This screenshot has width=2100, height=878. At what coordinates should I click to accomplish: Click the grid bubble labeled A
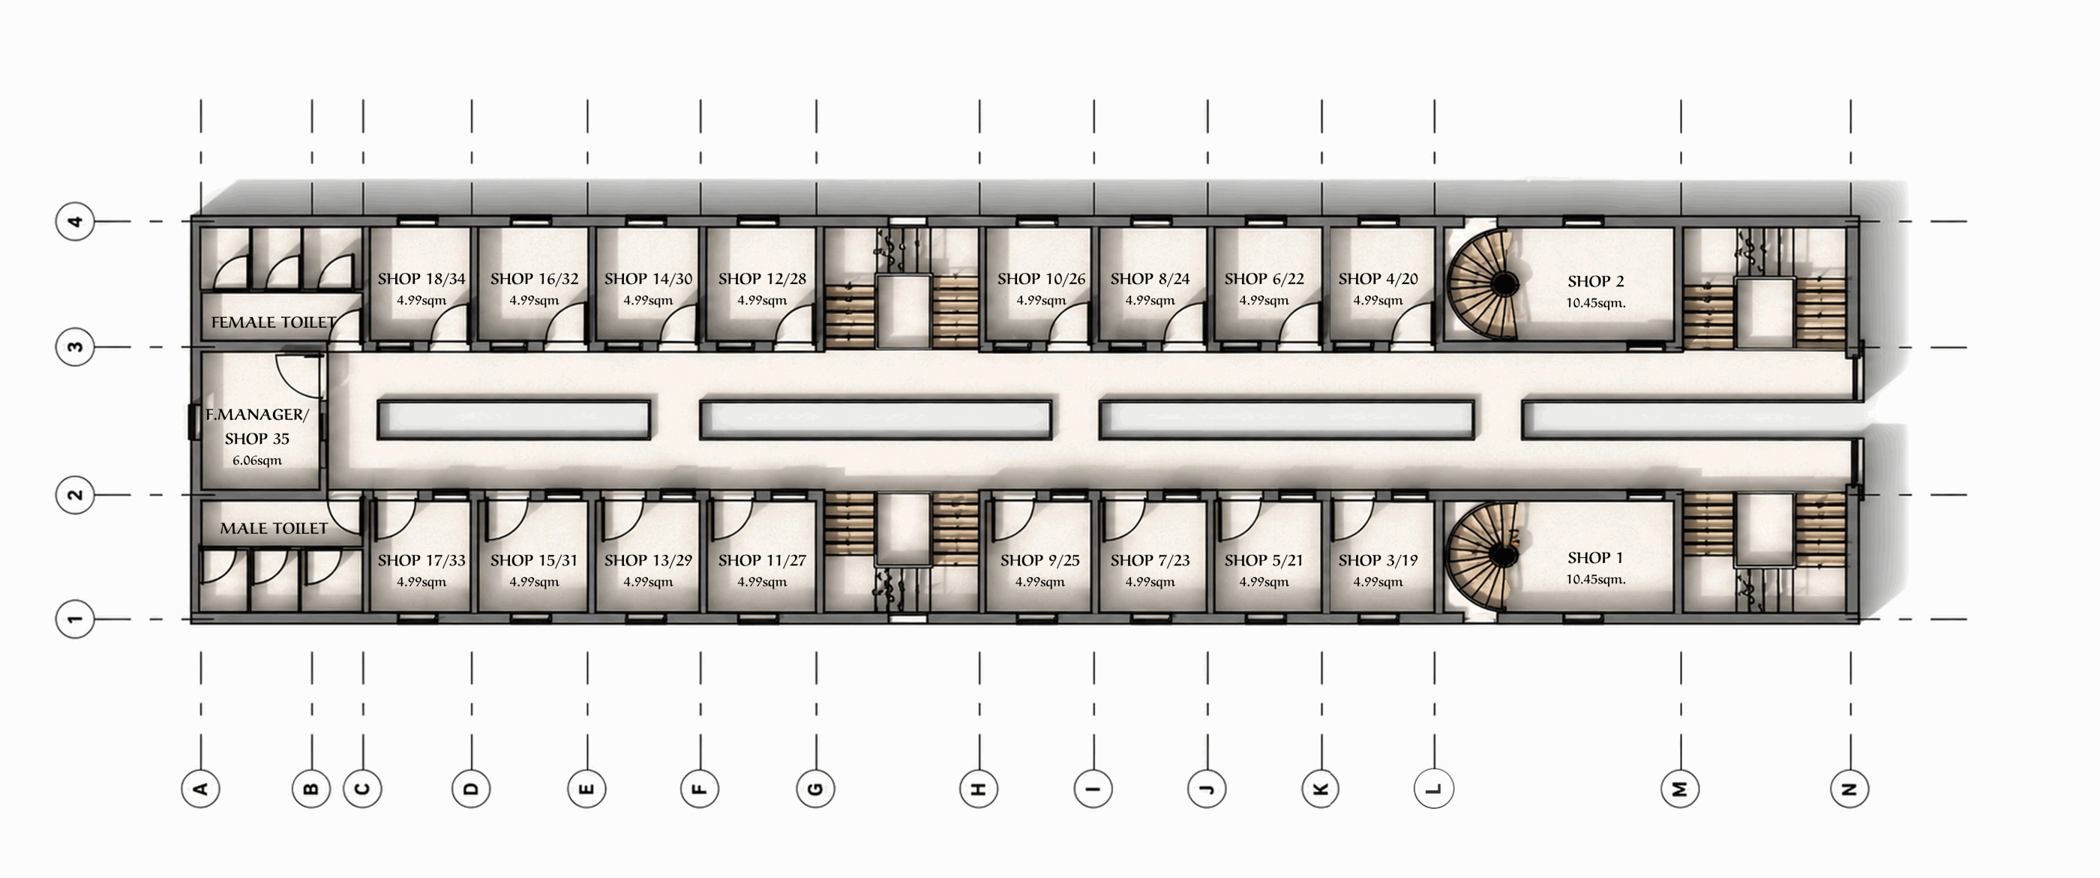[x=200, y=788]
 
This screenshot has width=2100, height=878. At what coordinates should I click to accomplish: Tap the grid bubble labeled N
[x=1849, y=788]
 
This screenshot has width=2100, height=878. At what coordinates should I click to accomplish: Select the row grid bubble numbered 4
[x=75, y=221]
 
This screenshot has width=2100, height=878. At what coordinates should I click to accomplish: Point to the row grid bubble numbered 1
[x=75, y=619]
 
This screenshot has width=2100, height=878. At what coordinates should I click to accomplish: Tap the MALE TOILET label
[x=274, y=529]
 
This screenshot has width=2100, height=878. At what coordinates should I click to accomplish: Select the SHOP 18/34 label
[x=421, y=279]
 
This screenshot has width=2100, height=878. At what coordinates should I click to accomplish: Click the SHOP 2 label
[x=1595, y=281]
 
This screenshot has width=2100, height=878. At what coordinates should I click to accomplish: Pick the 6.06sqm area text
[x=256, y=460]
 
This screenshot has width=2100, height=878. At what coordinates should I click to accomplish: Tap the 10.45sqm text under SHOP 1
[x=1595, y=580]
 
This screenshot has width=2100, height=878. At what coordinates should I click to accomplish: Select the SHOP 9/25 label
[x=1039, y=561]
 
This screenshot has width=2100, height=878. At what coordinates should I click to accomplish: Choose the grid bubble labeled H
[x=979, y=788]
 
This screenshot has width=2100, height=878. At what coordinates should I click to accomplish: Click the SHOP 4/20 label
[x=1378, y=279]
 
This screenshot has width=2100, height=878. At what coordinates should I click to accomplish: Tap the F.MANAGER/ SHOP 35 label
[x=256, y=427]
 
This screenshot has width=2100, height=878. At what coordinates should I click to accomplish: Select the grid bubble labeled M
[x=1680, y=788]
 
